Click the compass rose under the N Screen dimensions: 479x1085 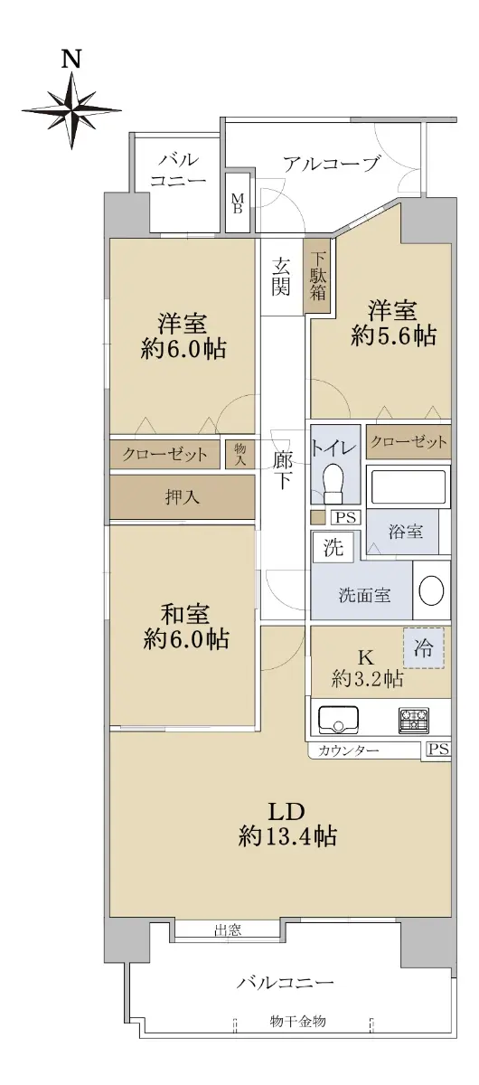coord(71,110)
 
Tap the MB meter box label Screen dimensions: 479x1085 coord(238,203)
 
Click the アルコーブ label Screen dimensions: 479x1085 coord(330,165)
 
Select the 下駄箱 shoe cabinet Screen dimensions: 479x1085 coord(317,277)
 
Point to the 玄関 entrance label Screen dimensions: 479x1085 coord(281,277)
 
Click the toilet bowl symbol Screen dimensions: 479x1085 coord(333,485)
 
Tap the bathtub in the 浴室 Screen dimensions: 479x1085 coord(409,485)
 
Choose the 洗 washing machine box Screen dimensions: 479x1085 coord(333,546)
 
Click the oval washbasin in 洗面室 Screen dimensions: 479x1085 coord(430,590)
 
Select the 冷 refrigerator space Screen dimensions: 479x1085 coord(423,647)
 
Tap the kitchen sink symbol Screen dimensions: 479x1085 coord(338,718)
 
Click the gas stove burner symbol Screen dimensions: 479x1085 coord(414,719)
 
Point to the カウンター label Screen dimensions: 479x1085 coord(348,750)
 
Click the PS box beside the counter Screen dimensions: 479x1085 coord(438,749)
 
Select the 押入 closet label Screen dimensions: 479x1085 coord(182,497)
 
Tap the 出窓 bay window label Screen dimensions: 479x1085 coord(228,929)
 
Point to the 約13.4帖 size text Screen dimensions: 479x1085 coord(287,836)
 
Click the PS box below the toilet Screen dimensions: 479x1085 coord(346,517)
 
